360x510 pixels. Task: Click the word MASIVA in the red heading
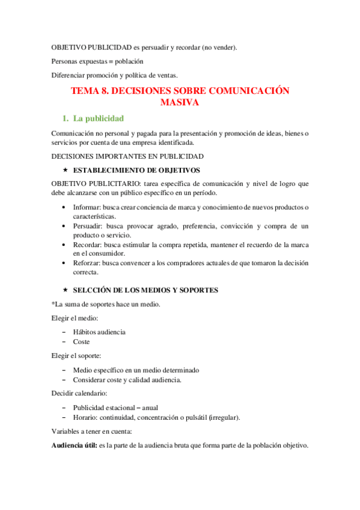click(180, 103)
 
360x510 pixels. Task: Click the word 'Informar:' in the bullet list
click(88, 207)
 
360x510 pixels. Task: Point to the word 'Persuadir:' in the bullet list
click(89, 226)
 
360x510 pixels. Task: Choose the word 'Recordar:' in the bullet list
click(88, 245)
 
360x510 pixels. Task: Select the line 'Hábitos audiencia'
click(99, 332)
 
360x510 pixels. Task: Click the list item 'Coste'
click(82, 342)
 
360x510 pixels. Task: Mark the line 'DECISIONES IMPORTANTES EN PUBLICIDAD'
click(120, 156)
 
